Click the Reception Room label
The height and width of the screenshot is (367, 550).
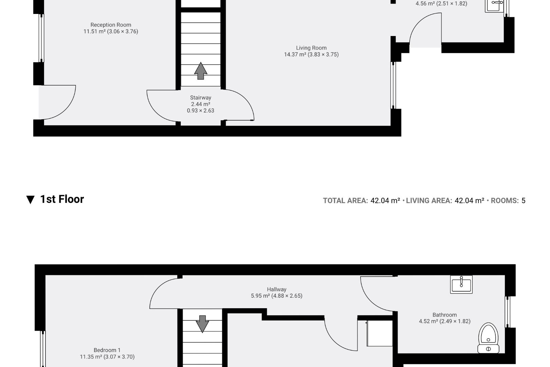pyautogui.click(x=111, y=25)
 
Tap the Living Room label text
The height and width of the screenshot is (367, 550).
pyautogui.click(x=311, y=48)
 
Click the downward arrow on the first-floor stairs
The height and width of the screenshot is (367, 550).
pyautogui.click(x=202, y=324)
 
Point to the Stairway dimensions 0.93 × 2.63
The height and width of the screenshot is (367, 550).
pyautogui.click(x=200, y=110)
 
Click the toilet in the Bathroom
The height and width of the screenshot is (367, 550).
pyautogui.click(x=488, y=338)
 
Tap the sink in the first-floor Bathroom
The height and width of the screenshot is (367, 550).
pyautogui.click(x=461, y=284)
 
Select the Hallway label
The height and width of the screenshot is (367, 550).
pyautogui.click(x=276, y=289)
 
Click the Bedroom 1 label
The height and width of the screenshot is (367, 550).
pyautogui.click(x=107, y=350)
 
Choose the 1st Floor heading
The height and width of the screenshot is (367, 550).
pyautogui.click(x=62, y=199)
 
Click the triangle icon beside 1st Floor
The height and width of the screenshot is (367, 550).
pyautogui.click(x=30, y=200)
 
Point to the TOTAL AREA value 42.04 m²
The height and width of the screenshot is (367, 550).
pyautogui.click(x=385, y=200)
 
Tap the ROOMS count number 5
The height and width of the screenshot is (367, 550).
pyautogui.click(x=523, y=200)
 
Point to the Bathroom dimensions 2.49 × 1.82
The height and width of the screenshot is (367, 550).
pyautogui.click(x=455, y=321)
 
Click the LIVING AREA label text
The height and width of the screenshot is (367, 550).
pyautogui.click(x=429, y=200)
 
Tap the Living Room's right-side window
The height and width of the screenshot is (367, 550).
pyautogui.click(x=393, y=85)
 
